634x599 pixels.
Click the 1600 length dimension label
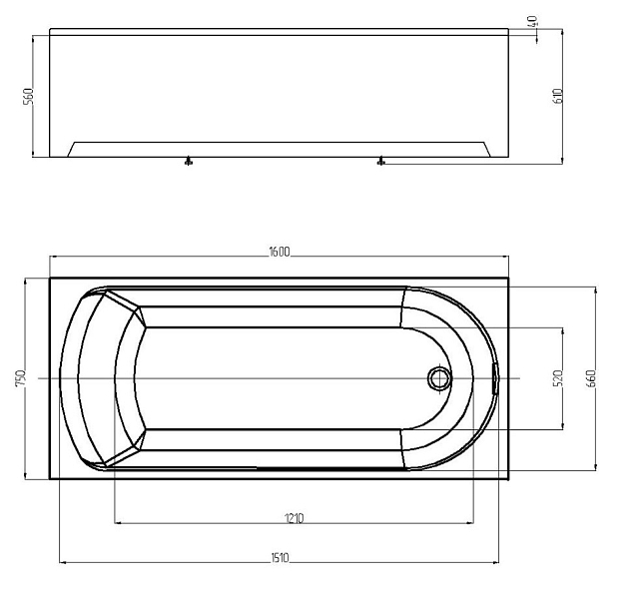coord(279,252)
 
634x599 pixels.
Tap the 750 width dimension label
coord(21,378)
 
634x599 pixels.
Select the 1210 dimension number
coord(294,518)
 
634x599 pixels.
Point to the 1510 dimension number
coord(279,558)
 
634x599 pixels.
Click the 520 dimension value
coord(558,378)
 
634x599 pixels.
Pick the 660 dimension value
coord(591,378)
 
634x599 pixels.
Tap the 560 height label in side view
coord(28,96)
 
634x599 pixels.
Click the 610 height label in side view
coord(557,96)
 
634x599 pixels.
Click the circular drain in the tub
coord(438,378)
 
